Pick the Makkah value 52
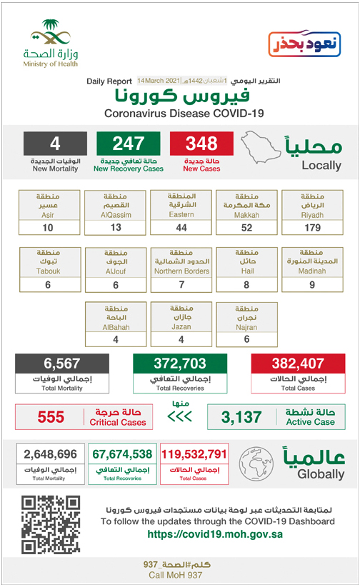(246, 227)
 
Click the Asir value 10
(47, 227)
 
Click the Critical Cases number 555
(51, 416)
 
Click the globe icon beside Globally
(256, 463)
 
